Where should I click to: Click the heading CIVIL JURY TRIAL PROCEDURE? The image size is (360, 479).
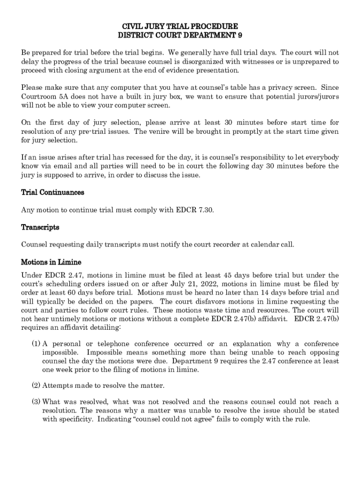[x=180, y=26]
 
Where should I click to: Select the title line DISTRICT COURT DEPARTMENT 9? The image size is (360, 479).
[x=180, y=35]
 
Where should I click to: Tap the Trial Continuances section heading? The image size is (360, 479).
[x=52, y=192]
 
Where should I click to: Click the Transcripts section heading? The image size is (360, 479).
[x=40, y=227]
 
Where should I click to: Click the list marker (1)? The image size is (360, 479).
[x=36, y=344]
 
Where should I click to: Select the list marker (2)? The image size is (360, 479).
[x=36, y=385]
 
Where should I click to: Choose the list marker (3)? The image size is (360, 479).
[x=36, y=402]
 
